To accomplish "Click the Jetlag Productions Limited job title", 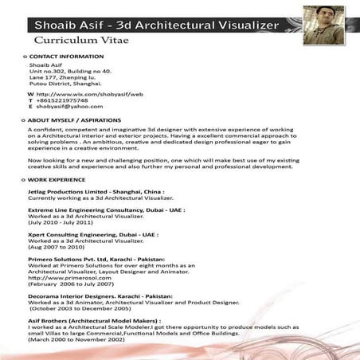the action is pyautogui.click(x=96, y=192).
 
